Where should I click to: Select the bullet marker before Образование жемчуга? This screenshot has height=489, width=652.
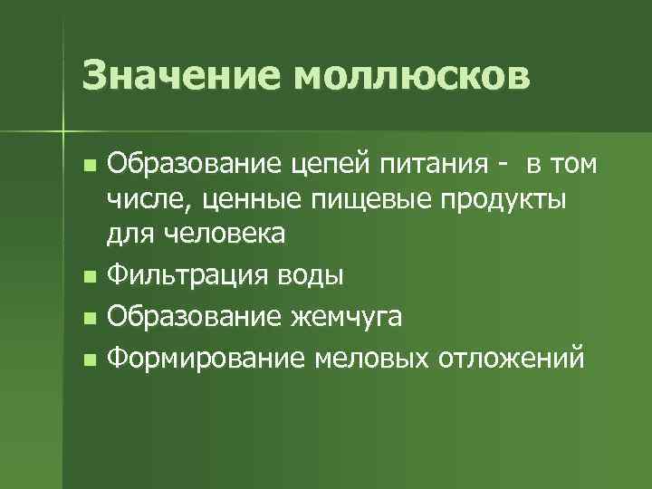coord(88,319)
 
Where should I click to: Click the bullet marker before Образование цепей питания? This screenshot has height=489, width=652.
coord(88,168)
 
